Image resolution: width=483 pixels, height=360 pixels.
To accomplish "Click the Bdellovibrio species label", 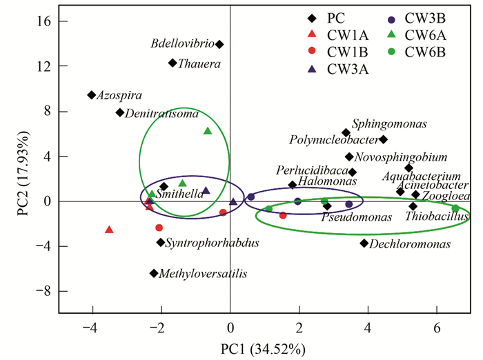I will (x=181, y=44).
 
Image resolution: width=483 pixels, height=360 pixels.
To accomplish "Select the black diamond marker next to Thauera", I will (x=173, y=63).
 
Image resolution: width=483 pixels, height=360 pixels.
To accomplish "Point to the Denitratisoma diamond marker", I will (x=119, y=112).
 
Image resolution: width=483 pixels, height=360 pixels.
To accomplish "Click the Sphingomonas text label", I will (x=389, y=124).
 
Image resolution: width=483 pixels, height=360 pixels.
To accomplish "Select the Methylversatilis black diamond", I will (x=154, y=274).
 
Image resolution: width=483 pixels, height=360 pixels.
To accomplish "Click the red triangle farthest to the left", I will (x=109, y=230).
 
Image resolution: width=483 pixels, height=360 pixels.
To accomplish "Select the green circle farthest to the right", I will (x=455, y=208).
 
